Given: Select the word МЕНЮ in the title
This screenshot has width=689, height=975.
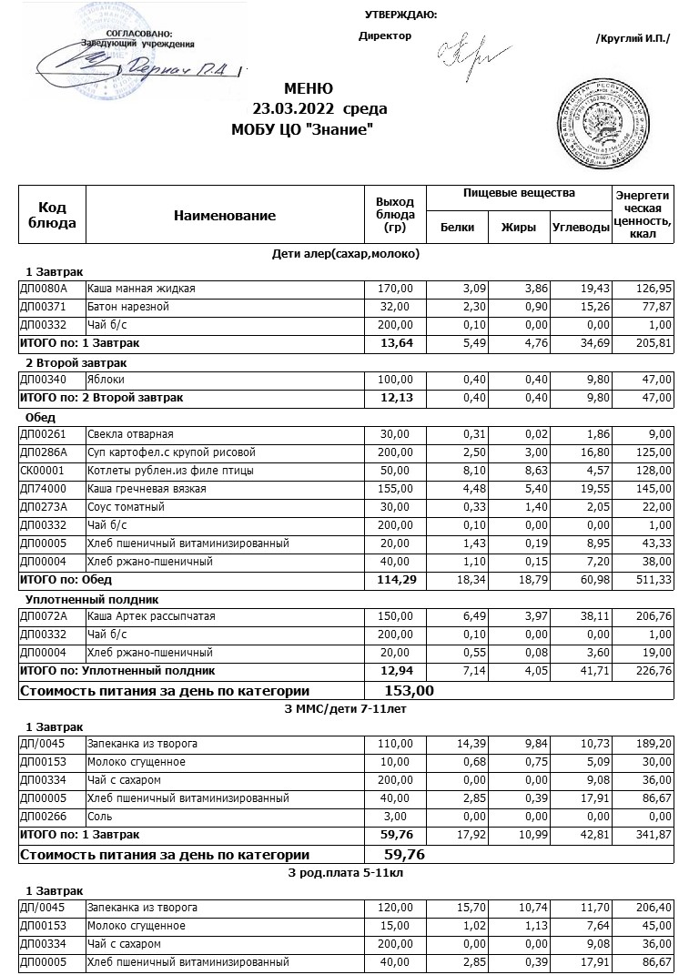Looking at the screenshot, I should point(309,89).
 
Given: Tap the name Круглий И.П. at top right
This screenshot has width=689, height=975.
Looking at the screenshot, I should point(632,38).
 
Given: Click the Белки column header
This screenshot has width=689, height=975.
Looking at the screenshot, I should point(457,228).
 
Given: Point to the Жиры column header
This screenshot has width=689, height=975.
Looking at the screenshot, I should point(519,228).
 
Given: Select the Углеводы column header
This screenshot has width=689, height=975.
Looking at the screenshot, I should point(581,228).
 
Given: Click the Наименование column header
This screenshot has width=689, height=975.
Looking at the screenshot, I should point(224,216).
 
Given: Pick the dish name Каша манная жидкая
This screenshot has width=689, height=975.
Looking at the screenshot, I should point(141,289).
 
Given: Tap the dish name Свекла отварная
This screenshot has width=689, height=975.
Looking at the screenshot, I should point(130,434).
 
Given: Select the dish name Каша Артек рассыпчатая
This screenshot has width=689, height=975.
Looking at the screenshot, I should point(151,616).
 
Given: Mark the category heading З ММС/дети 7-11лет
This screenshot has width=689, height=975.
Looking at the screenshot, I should point(346,709).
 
